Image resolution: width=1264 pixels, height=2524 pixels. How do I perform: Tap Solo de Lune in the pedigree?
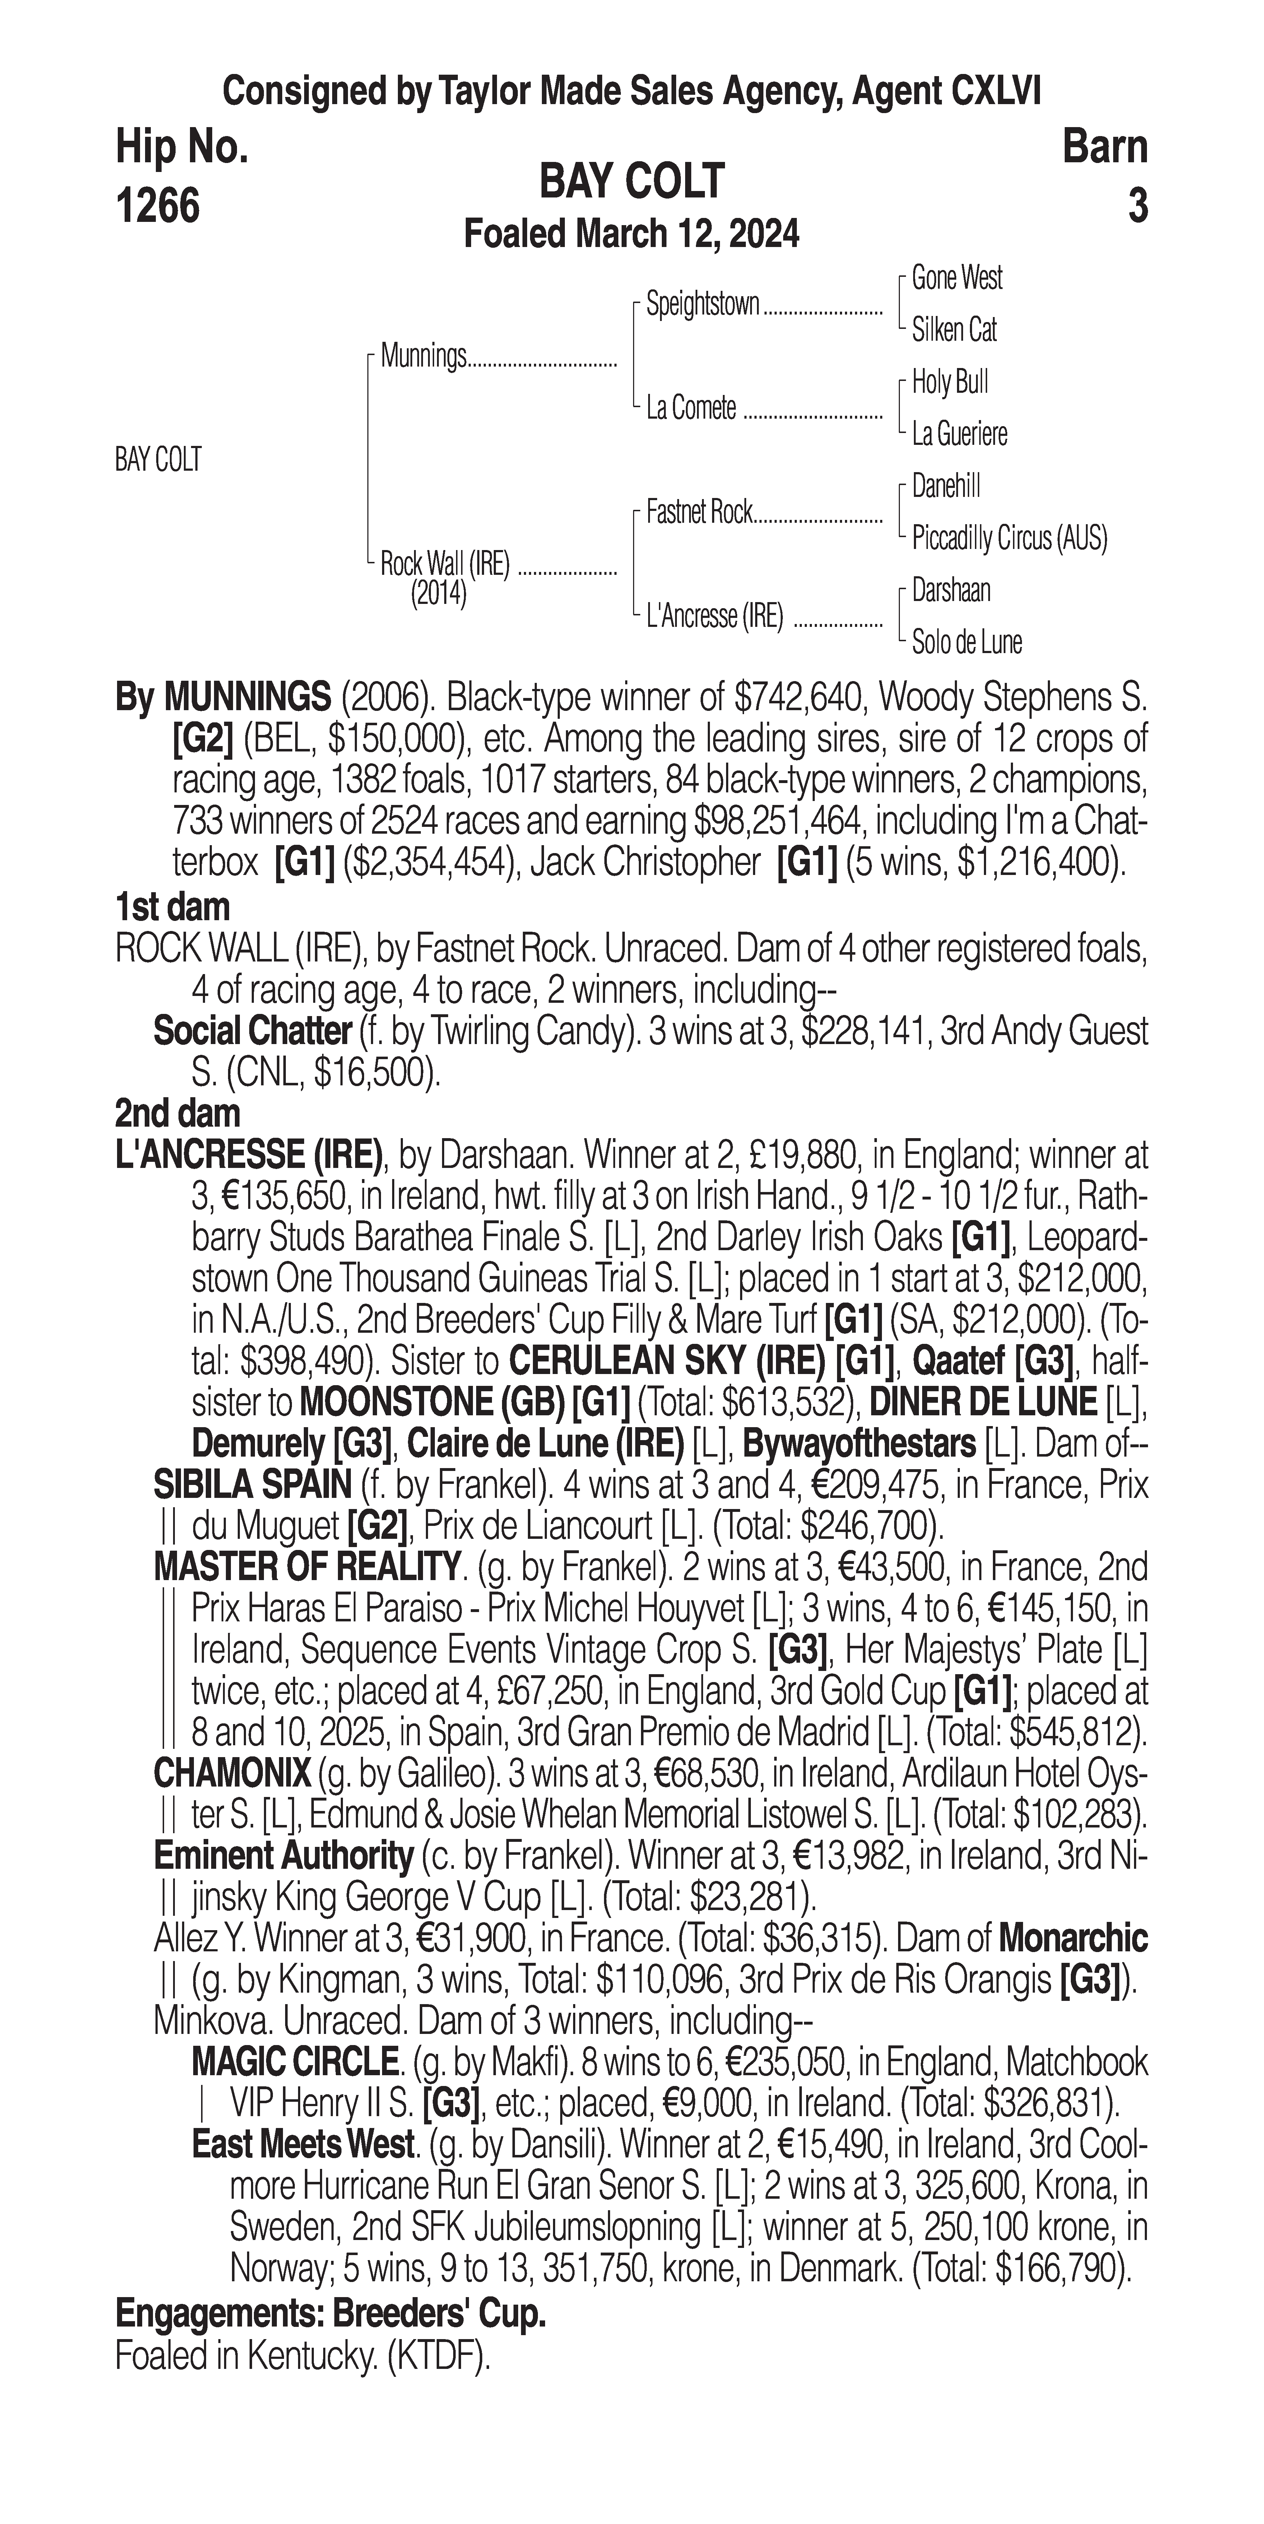pos(966,643)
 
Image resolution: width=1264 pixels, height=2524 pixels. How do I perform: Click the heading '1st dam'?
pos(172,906)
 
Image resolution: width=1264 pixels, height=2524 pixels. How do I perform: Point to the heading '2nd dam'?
pos(177,1113)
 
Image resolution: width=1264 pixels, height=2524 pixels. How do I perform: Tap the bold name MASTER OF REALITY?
pos(306,1567)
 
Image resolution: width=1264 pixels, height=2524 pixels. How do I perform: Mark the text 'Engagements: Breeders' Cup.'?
pos(330,2313)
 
